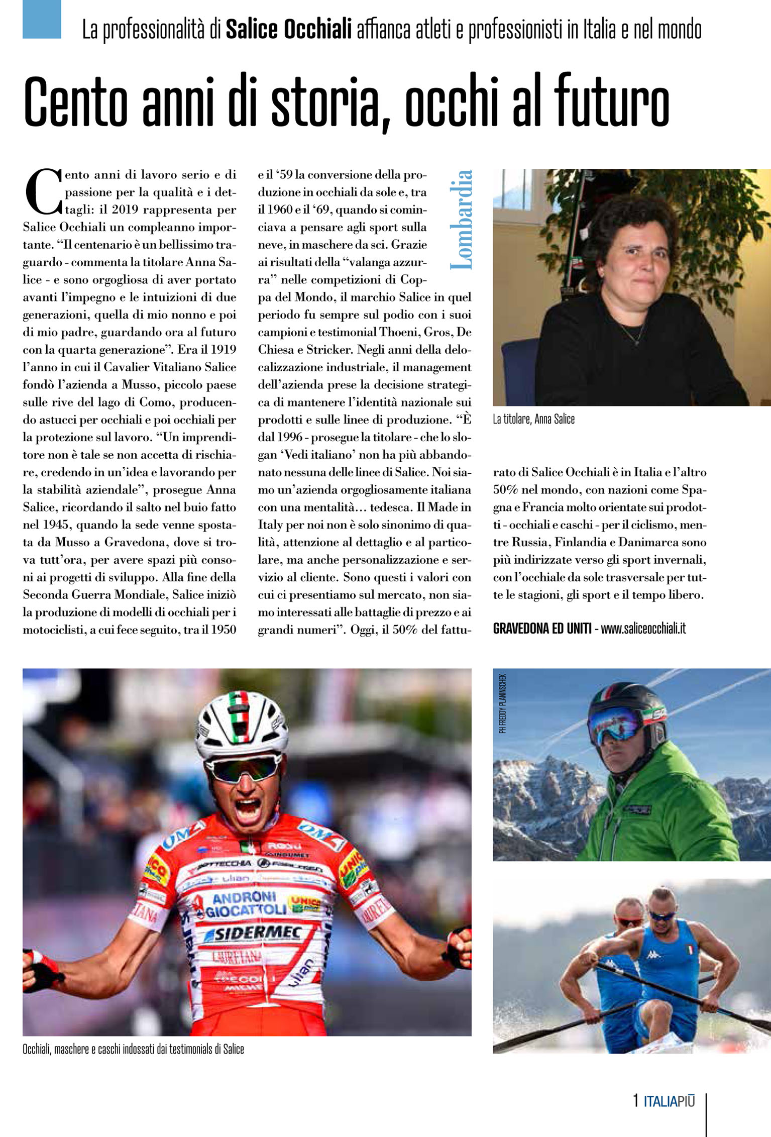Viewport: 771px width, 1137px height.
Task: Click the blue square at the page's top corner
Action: click(42, 19)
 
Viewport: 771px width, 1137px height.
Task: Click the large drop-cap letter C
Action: click(42, 191)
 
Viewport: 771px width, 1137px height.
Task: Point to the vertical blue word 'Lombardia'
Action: click(461, 220)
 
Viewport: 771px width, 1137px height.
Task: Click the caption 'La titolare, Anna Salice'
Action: click(533, 419)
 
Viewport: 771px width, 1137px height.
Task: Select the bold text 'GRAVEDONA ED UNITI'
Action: click(542, 629)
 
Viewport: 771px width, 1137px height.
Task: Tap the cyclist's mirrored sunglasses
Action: click(244, 769)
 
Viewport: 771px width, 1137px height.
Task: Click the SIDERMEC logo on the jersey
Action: click(257, 934)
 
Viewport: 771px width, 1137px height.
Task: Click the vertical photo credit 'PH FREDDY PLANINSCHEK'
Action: click(503, 703)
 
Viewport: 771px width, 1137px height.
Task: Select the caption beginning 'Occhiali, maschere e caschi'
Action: click(133, 1049)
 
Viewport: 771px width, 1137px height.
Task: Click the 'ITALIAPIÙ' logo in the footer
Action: click(669, 1101)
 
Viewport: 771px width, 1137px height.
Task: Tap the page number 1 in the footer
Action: click(636, 1101)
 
